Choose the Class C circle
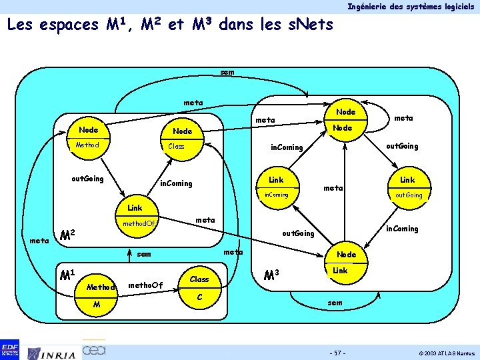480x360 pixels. (x=200, y=287)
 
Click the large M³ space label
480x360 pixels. (x=271, y=275)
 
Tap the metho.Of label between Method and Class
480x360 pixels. (x=145, y=285)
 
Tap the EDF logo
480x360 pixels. (x=10, y=349)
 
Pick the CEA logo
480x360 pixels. (x=93, y=349)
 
